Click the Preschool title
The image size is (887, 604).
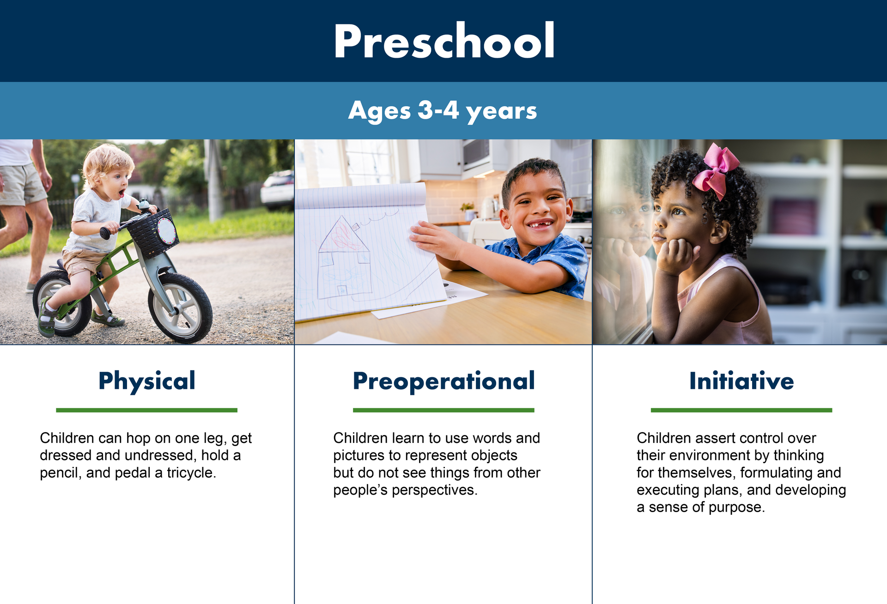tap(444, 41)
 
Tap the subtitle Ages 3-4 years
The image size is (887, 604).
tap(443, 111)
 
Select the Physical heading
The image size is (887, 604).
tap(147, 381)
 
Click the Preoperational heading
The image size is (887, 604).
tap(443, 381)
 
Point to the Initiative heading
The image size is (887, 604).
tap(741, 381)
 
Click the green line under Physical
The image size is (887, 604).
tap(146, 410)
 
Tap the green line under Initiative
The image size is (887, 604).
tap(741, 410)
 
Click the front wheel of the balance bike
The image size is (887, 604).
tap(180, 308)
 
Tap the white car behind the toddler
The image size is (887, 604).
tap(277, 189)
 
